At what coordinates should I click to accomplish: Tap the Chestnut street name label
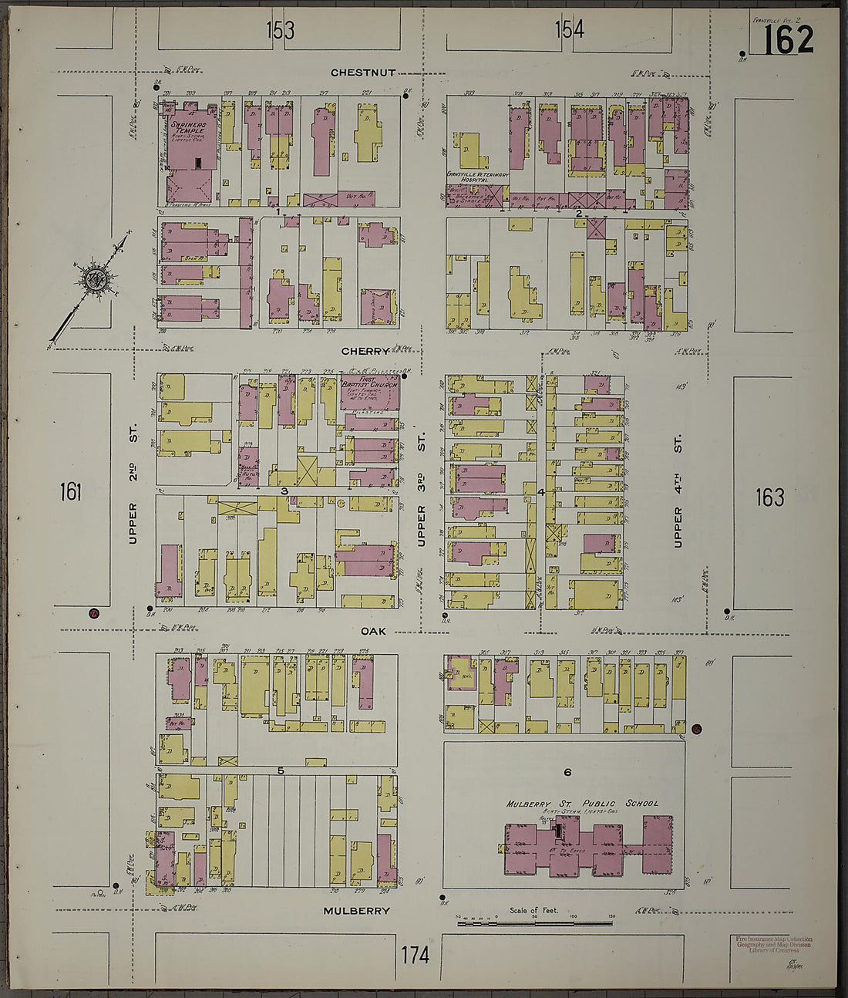[x=363, y=72]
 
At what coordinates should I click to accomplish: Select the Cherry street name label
[x=366, y=351]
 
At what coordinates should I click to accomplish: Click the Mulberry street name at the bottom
[x=356, y=910]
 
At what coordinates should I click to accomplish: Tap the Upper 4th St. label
[x=678, y=491]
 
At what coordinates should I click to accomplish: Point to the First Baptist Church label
[x=370, y=383]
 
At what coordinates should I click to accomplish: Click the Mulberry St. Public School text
[x=582, y=803]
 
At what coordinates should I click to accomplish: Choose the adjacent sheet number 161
[x=70, y=491]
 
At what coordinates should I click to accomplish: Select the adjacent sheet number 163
[x=769, y=497]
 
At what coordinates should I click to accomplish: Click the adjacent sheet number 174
[x=415, y=955]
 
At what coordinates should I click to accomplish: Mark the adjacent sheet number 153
[x=280, y=30]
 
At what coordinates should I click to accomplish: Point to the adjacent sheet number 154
[x=569, y=30]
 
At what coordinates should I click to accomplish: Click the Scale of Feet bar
[x=535, y=922]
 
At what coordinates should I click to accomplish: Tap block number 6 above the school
[x=567, y=772]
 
